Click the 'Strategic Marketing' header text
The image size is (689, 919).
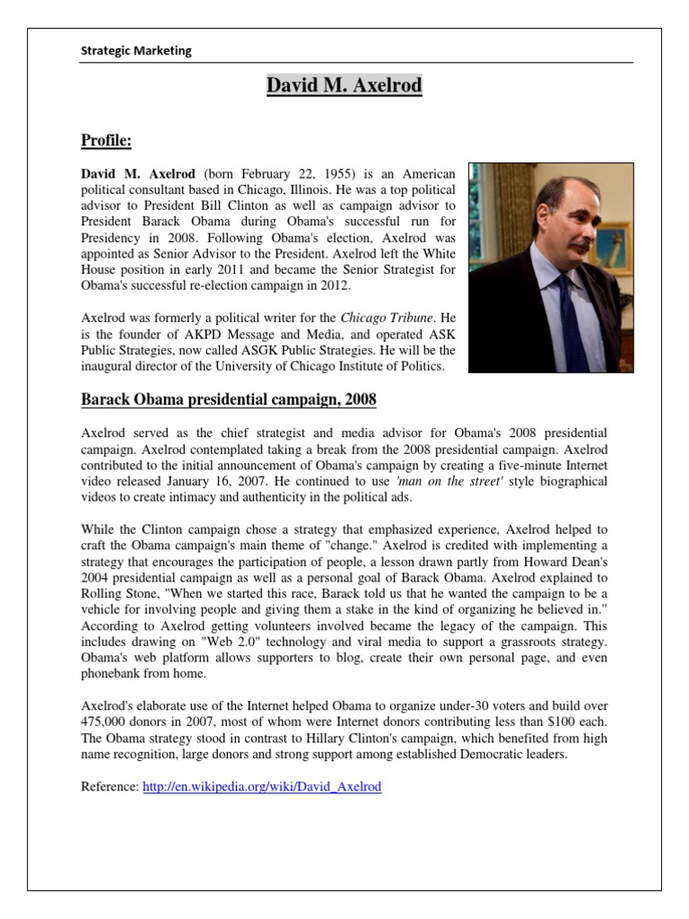click(x=136, y=51)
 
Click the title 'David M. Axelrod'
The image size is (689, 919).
click(x=344, y=87)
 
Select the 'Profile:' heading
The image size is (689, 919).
click(x=107, y=140)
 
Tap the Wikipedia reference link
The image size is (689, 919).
click(x=262, y=786)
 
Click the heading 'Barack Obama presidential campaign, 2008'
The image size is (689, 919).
click(x=229, y=398)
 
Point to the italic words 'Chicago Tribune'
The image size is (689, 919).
click(x=382, y=317)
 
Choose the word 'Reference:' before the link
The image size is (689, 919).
click(x=109, y=786)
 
